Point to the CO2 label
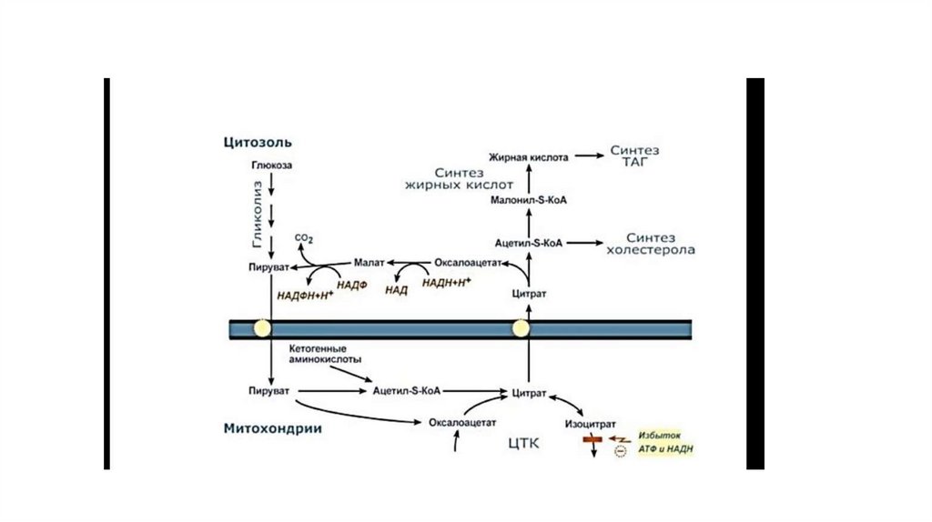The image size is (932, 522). [x=305, y=239]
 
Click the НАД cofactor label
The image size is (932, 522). [x=396, y=291]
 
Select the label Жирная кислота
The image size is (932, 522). [x=529, y=157]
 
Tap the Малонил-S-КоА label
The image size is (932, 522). [x=529, y=200]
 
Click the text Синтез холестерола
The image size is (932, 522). [x=649, y=243]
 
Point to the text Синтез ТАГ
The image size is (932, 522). [x=634, y=156]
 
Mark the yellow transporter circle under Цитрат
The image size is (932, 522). [x=522, y=328]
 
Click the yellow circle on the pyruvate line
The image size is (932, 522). [x=262, y=328]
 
